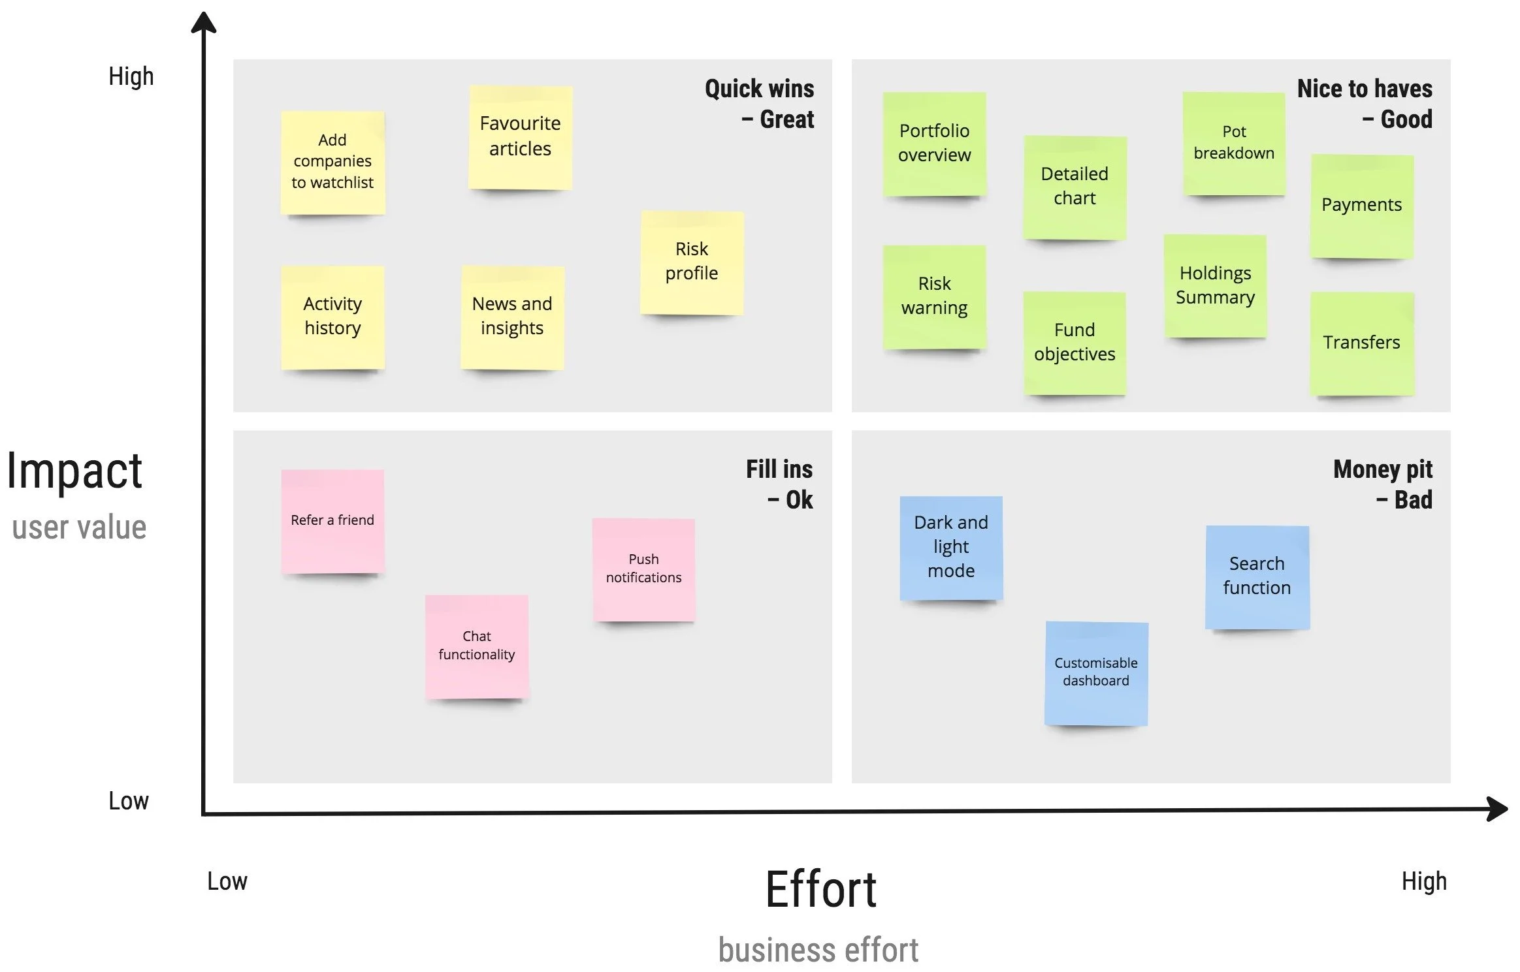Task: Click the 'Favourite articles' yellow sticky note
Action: (520, 137)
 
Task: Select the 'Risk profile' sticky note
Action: (692, 262)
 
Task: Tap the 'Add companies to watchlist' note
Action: (332, 162)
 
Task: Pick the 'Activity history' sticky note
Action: (332, 317)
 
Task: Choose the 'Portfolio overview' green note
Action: (934, 144)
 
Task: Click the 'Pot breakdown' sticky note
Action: (1234, 143)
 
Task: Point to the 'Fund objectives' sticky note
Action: (1075, 343)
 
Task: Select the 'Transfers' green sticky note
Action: (1362, 343)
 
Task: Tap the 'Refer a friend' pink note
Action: (332, 521)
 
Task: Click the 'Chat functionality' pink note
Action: (477, 646)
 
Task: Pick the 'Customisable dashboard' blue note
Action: (1096, 672)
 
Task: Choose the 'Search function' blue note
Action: (1257, 576)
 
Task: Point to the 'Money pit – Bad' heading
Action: (1383, 484)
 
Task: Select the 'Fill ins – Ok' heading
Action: (779, 484)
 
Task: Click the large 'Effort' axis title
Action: (820, 890)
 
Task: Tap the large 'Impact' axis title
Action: (74, 471)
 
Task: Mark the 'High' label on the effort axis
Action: (1424, 881)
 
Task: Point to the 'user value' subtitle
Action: (79, 527)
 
